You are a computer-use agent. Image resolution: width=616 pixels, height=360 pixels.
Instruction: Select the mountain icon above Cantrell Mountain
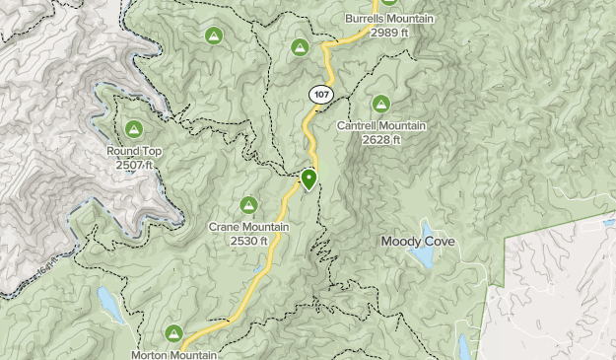(380, 104)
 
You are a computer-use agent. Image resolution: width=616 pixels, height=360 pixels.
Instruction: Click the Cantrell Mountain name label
(380, 126)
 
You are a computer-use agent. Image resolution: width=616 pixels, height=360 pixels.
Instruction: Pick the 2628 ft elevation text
(380, 139)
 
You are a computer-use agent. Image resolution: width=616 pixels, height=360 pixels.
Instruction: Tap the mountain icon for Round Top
(134, 128)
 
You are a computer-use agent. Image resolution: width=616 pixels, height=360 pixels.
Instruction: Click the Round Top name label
(134, 151)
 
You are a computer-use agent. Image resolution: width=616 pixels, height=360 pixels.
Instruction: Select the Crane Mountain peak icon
(248, 205)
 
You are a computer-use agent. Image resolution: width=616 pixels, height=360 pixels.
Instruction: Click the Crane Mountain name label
(248, 227)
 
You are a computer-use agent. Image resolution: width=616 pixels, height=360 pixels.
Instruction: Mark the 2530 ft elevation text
(248, 240)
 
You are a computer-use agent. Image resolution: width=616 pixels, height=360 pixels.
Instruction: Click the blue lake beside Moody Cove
(423, 257)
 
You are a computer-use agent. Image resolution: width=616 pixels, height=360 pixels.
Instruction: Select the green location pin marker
(308, 180)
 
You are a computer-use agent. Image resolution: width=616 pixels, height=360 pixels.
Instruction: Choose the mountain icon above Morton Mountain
(175, 333)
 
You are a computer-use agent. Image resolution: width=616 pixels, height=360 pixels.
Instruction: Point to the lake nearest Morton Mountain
(110, 306)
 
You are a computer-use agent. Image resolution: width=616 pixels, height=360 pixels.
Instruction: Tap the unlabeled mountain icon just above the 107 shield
(301, 46)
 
